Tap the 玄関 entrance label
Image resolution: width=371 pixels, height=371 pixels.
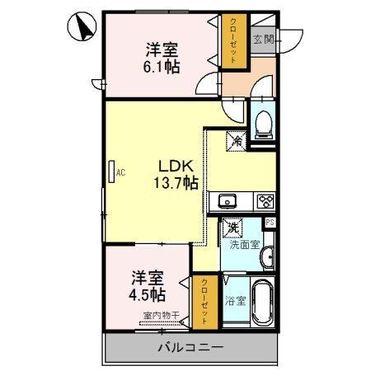pyautogui.click(x=264, y=39)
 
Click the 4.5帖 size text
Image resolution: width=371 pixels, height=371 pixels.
pyautogui.click(x=145, y=294)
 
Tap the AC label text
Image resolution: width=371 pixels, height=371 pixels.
pyautogui.click(x=120, y=173)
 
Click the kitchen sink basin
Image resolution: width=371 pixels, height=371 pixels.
pyautogui.click(x=227, y=200)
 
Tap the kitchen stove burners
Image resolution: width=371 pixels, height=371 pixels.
pyautogui.click(x=265, y=200)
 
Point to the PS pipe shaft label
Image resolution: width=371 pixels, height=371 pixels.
pyautogui.click(x=270, y=223)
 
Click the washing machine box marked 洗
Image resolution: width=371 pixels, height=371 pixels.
pyautogui.click(x=233, y=227)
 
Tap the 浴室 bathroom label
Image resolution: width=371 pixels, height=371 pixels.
pyautogui.click(x=235, y=301)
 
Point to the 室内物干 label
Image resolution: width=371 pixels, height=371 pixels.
pyautogui.click(x=160, y=316)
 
